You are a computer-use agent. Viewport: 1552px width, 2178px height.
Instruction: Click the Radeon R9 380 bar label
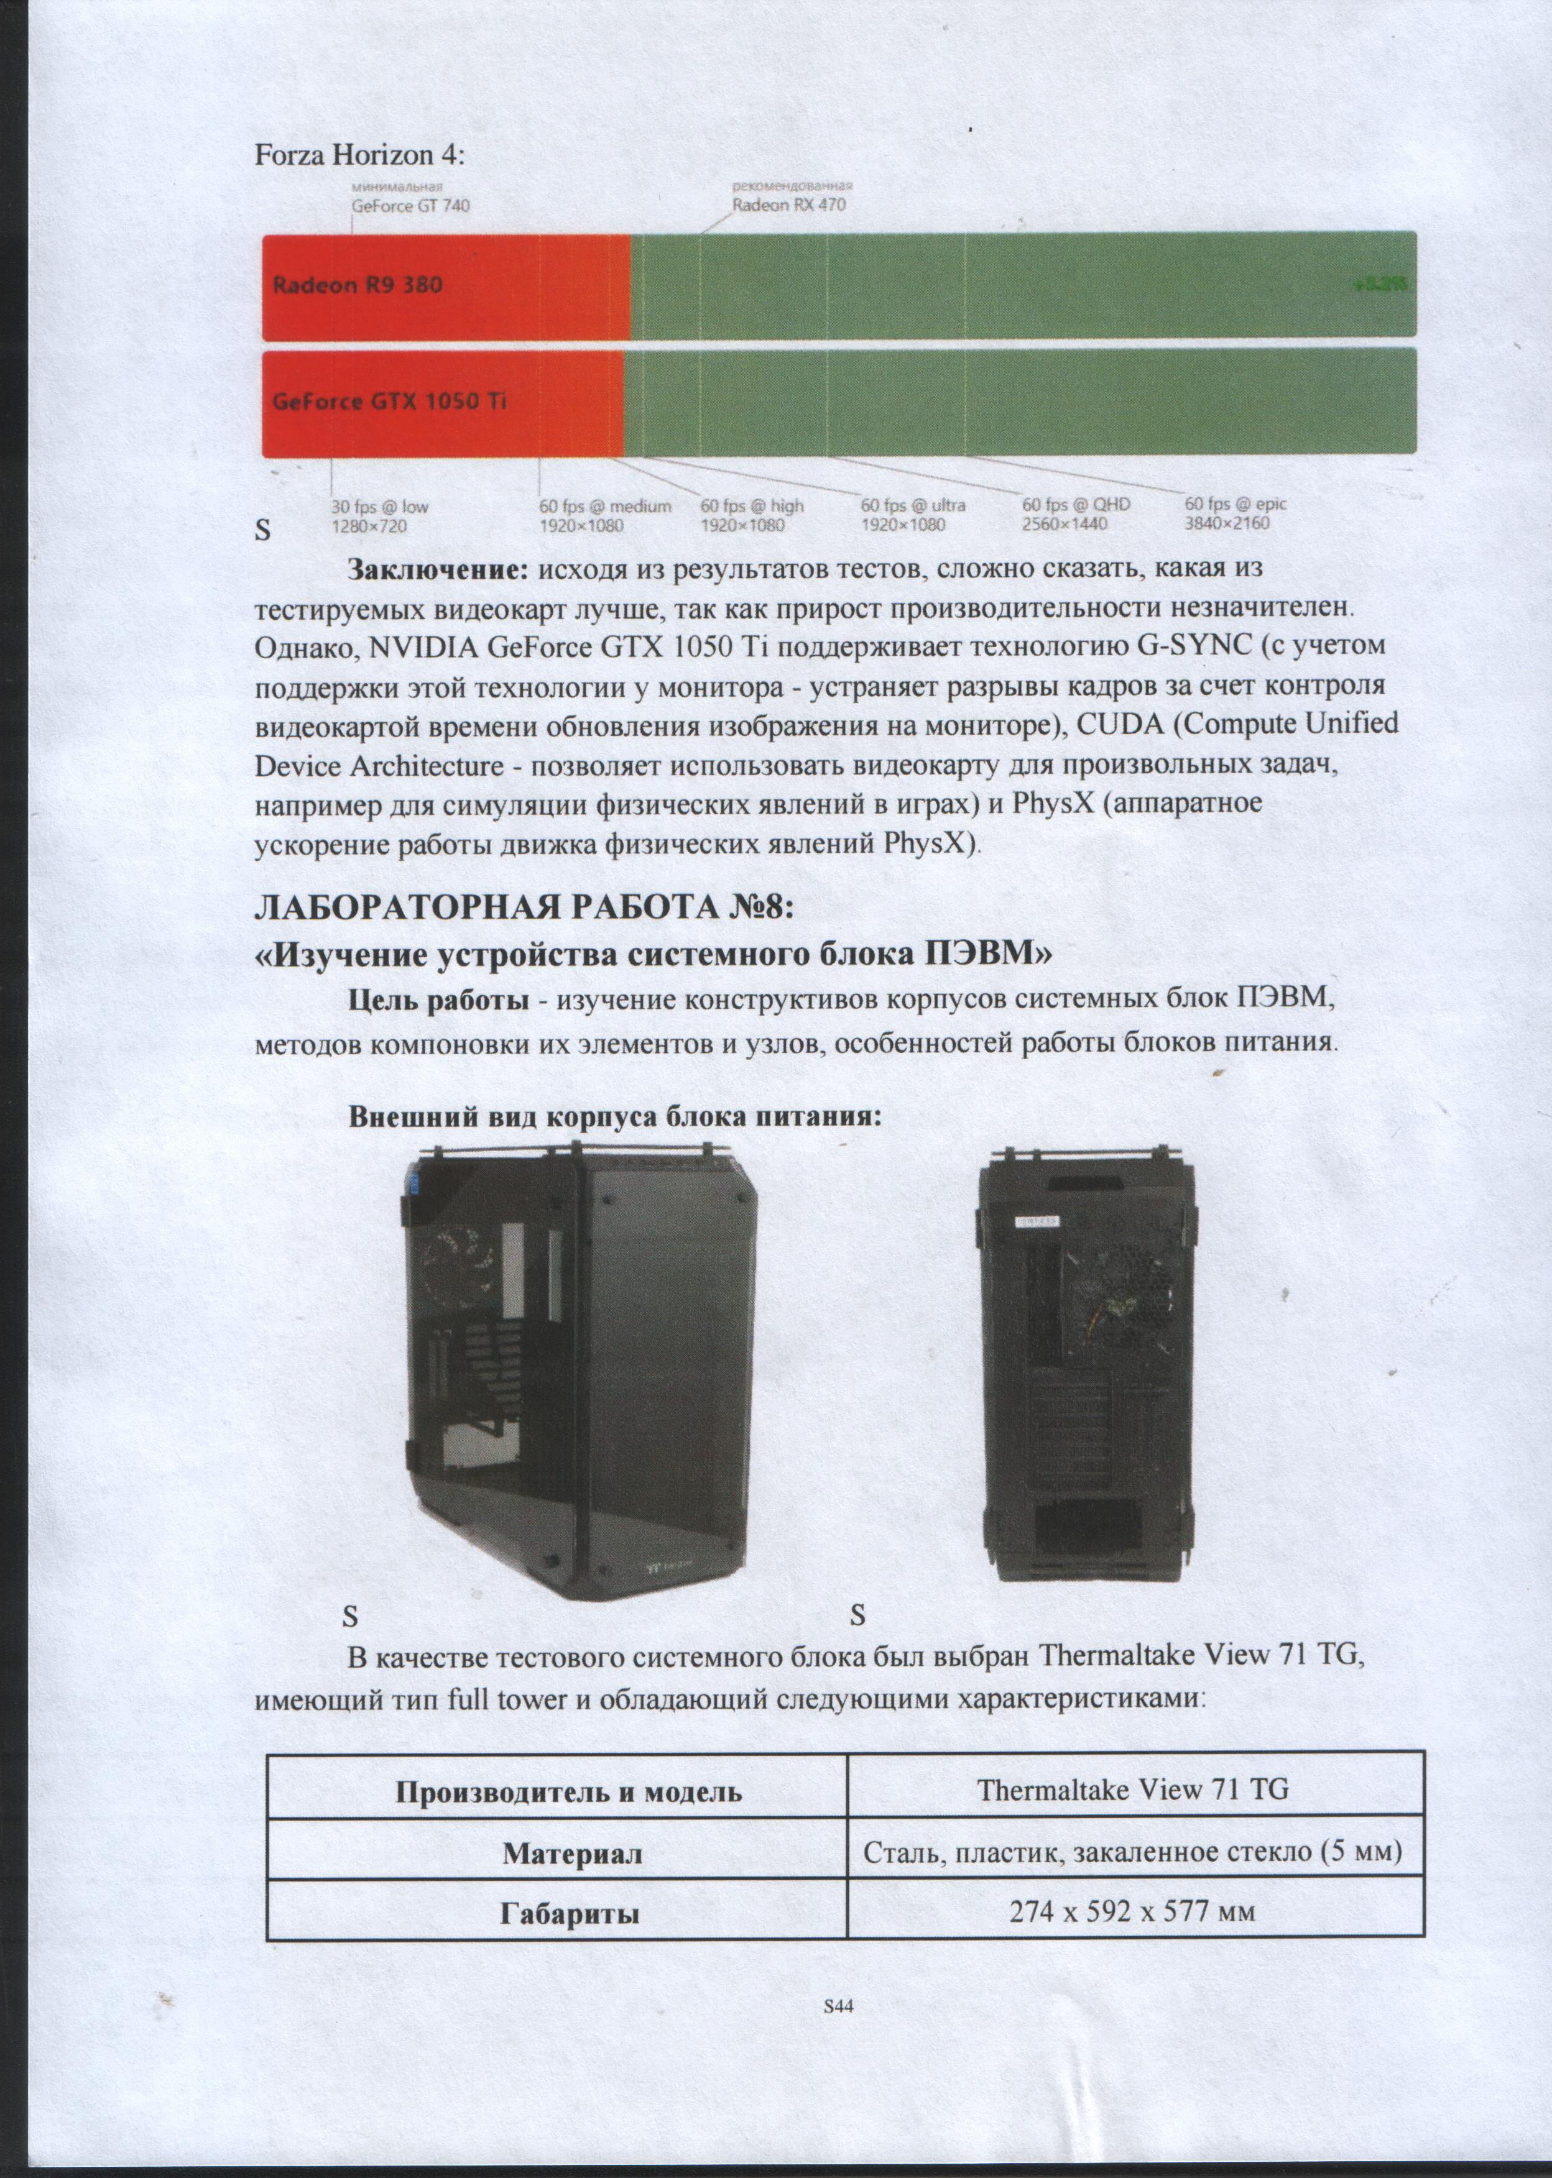click(358, 285)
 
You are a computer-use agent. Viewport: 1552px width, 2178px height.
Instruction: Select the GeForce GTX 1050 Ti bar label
click(389, 401)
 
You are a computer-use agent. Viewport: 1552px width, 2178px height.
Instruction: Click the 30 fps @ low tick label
click(379, 516)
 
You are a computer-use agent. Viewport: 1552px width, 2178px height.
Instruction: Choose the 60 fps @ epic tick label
click(1236, 514)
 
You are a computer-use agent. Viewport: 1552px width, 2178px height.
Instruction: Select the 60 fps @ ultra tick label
click(913, 515)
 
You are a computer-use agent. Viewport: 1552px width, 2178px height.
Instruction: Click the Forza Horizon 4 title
click(358, 156)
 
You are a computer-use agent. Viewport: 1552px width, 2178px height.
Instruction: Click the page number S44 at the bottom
click(838, 2006)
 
